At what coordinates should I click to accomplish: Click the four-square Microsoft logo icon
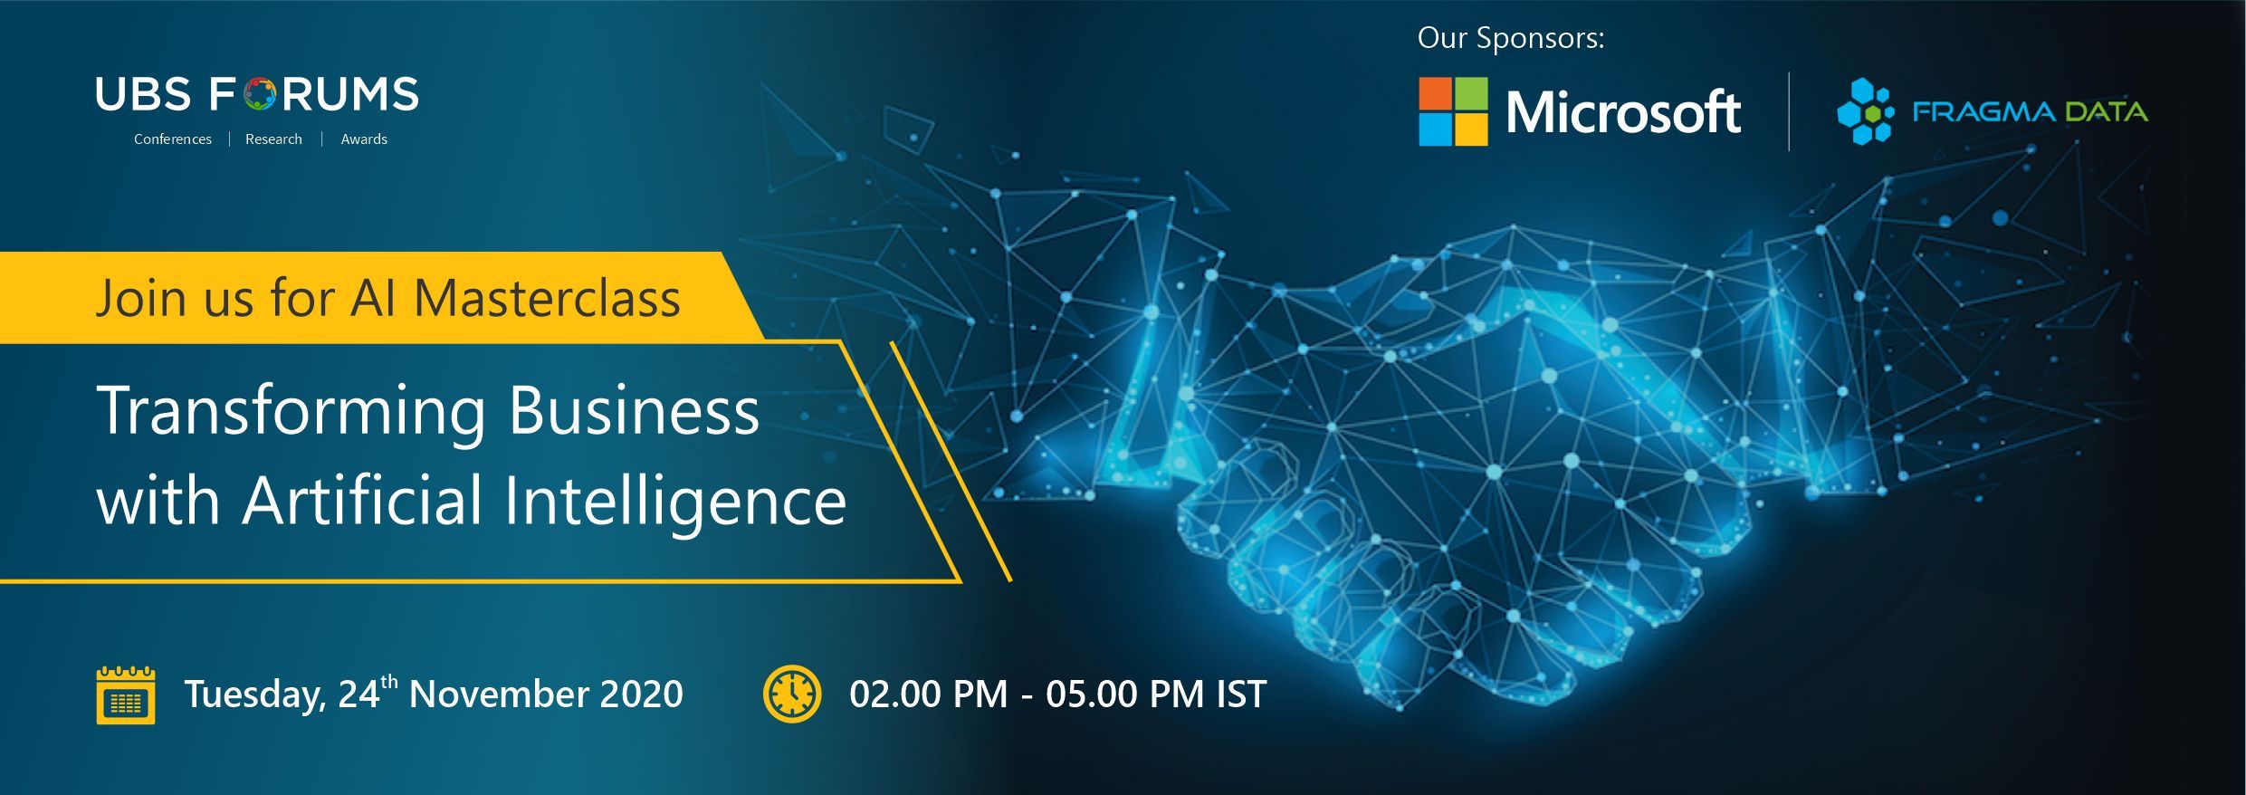[1453, 111]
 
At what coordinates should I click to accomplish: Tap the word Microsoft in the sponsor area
[1623, 112]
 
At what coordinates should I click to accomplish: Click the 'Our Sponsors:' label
[1511, 38]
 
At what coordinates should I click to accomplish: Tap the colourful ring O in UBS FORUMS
[260, 94]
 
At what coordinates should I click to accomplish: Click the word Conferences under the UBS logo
[173, 139]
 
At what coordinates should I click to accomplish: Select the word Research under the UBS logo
[273, 139]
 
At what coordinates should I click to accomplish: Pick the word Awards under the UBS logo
[364, 139]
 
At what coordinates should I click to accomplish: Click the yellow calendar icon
[126, 694]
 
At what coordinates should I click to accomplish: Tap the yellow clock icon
[792, 694]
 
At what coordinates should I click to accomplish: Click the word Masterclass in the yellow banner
[547, 298]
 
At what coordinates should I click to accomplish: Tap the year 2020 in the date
[642, 694]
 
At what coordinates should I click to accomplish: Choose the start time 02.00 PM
[928, 694]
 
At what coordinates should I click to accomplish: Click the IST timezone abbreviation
[1241, 694]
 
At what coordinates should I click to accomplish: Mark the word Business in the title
[634, 411]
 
